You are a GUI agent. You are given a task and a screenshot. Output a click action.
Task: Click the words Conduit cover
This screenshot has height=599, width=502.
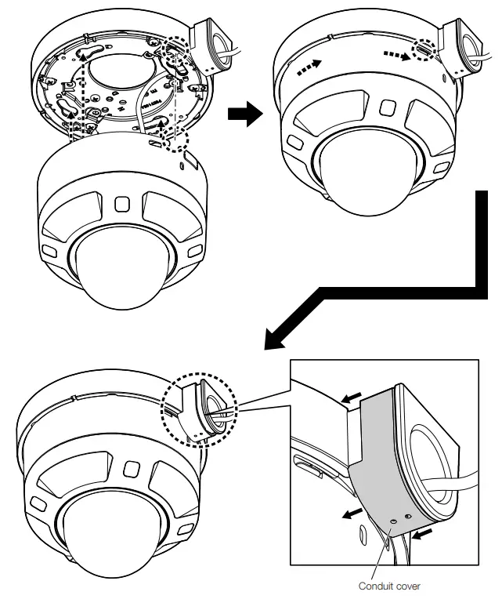coord(389,586)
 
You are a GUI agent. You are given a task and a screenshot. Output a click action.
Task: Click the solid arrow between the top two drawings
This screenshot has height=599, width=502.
coord(243,114)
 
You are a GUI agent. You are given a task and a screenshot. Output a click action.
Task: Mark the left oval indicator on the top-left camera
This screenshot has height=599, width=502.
coord(48,249)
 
